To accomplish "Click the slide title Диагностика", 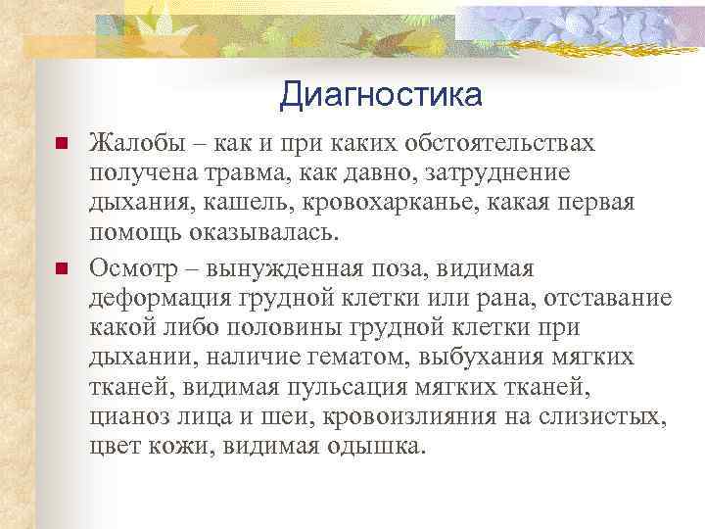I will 380,95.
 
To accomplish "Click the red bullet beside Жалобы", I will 60,145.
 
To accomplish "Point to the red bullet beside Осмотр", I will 60,268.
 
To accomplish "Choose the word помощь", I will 131,236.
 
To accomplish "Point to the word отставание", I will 608,298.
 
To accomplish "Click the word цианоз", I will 128,419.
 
